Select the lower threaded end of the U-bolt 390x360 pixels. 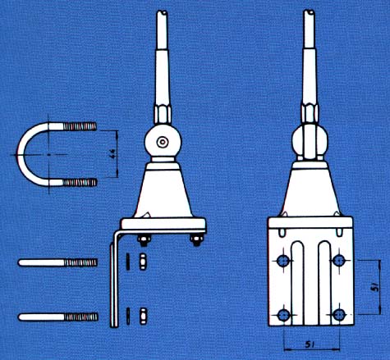(x=79, y=182)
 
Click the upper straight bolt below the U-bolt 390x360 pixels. (x=57, y=263)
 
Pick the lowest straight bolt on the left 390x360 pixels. (x=57, y=316)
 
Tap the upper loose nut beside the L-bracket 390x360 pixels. (x=141, y=262)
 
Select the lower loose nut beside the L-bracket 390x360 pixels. (x=141, y=314)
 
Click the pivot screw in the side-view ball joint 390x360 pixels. (x=164, y=143)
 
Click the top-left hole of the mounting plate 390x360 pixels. (x=283, y=261)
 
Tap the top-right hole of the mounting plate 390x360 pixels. (x=338, y=261)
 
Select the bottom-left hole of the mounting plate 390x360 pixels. (x=283, y=314)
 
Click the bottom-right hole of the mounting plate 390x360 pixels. (x=338, y=314)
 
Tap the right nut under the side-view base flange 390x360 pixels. (x=196, y=239)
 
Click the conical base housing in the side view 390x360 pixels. (x=164, y=193)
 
